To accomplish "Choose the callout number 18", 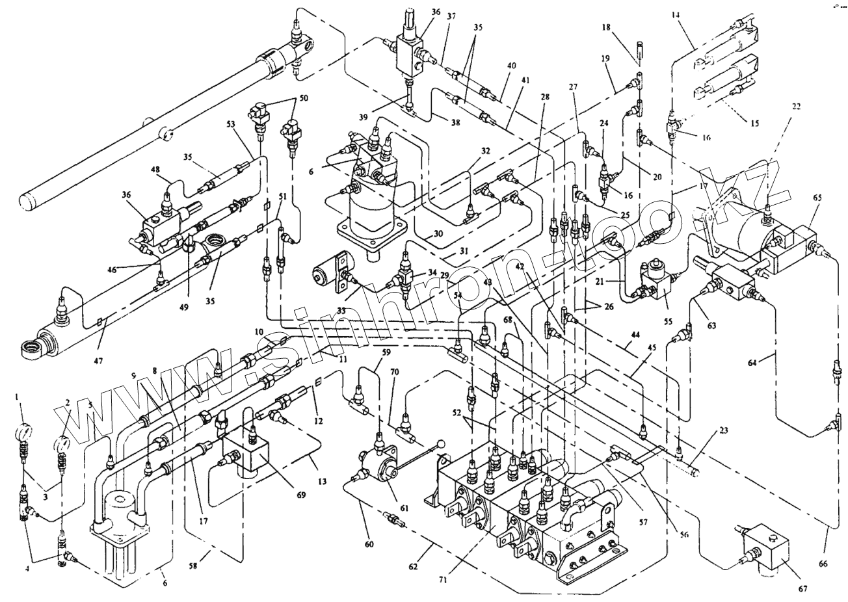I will [606, 28].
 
